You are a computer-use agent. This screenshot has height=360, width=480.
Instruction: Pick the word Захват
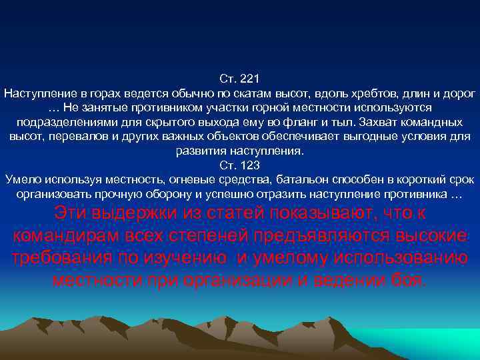tap(380, 122)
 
